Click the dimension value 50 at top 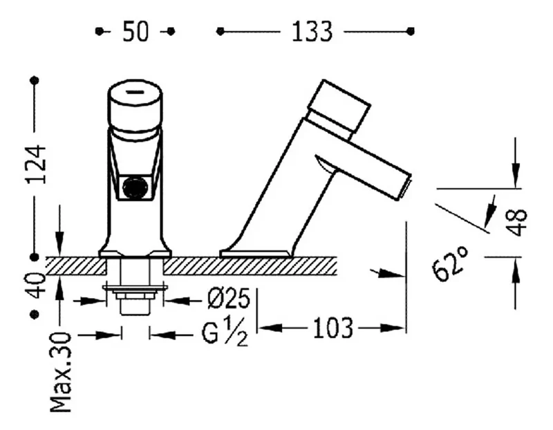point(135,32)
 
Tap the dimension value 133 point(312,32)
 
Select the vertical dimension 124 point(36,164)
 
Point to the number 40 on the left point(36,285)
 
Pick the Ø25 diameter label point(229,299)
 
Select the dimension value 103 point(333,328)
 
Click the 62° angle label point(450,263)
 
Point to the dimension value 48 point(517,222)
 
